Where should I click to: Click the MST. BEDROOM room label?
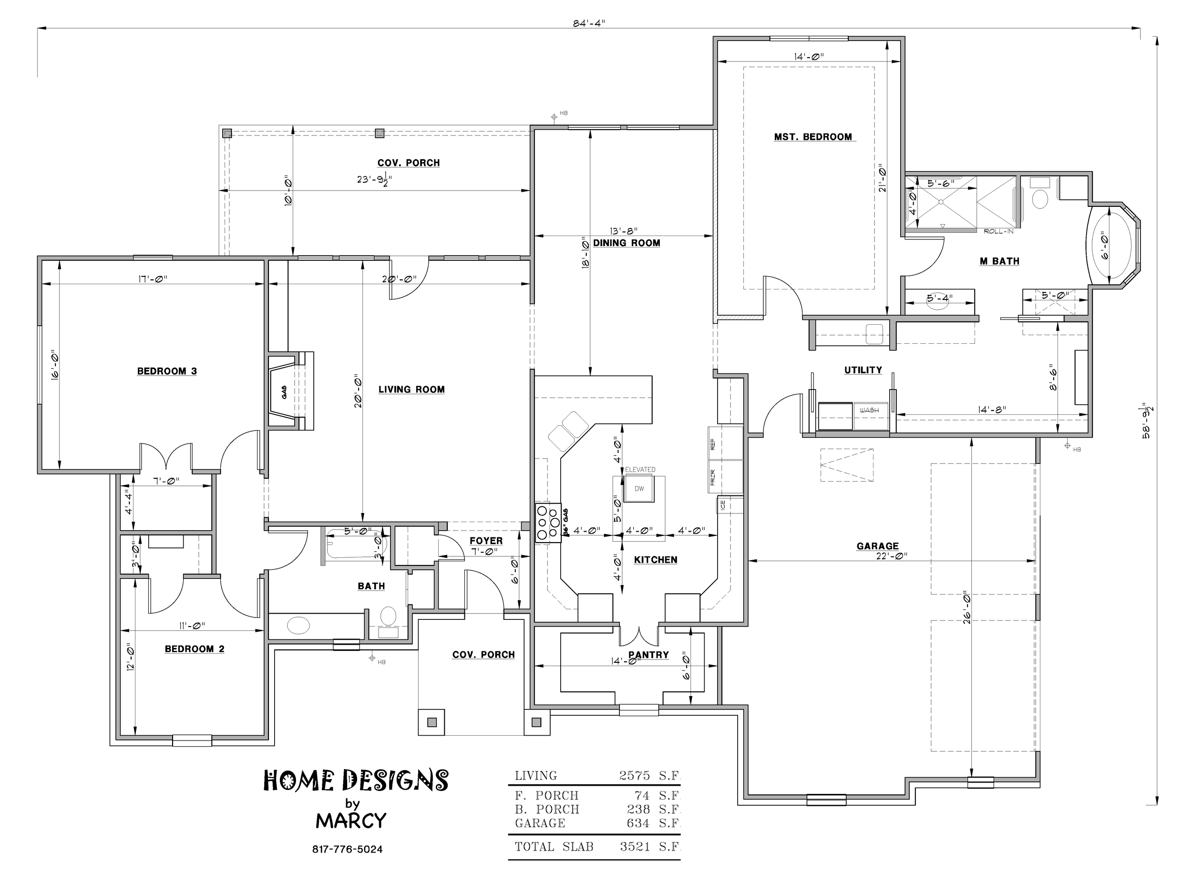pyautogui.click(x=812, y=137)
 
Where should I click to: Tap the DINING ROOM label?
pyautogui.click(x=627, y=243)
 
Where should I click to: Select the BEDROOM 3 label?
pyautogui.click(x=167, y=371)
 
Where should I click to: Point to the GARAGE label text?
pyautogui.click(x=877, y=546)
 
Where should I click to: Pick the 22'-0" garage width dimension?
pyautogui.click(x=892, y=556)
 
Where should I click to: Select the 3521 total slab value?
pyautogui.click(x=636, y=847)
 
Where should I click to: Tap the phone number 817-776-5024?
pyautogui.click(x=348, y=849)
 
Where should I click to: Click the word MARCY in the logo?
pyautogui.click(x=351, y=821)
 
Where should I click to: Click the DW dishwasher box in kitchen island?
pyautogui.click(x=638, y=489)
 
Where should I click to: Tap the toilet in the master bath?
pyautogui.click(x=1040, y=195)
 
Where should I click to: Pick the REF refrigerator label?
pyautogui.click(x=713, y=444)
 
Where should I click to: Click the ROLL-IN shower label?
pyautogui.click(x=998, y=231)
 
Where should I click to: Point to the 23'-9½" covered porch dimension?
pyautogui.click(x=374, y=180)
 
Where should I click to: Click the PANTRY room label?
pyautogui.click(x=648, y=655)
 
